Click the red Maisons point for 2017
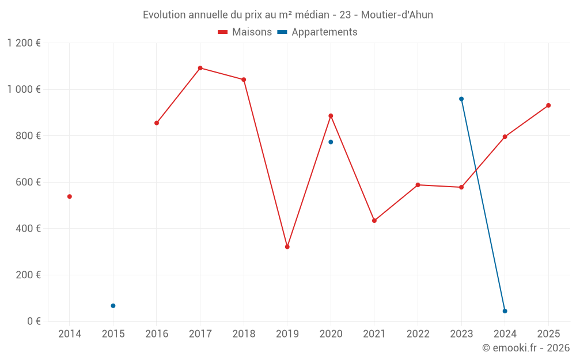coord(200,68)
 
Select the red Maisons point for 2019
coord(287,247)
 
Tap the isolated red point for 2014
coord(70,196)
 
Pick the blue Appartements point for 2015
coord(113,306)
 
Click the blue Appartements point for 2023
coord(461,99)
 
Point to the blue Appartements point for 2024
coord(505,311)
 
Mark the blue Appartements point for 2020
coord(331,142)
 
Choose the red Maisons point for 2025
coord(548,105)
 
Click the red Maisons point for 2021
coord(374,221)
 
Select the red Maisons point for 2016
coord(157,123)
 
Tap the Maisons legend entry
coord(245,32)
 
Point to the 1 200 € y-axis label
coord(24,43)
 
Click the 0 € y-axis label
coord(34,321)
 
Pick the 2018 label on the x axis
coord(244,334)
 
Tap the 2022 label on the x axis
coord(418,334)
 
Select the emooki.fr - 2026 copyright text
coord(526,348)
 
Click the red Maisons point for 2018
coord(244,79)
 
